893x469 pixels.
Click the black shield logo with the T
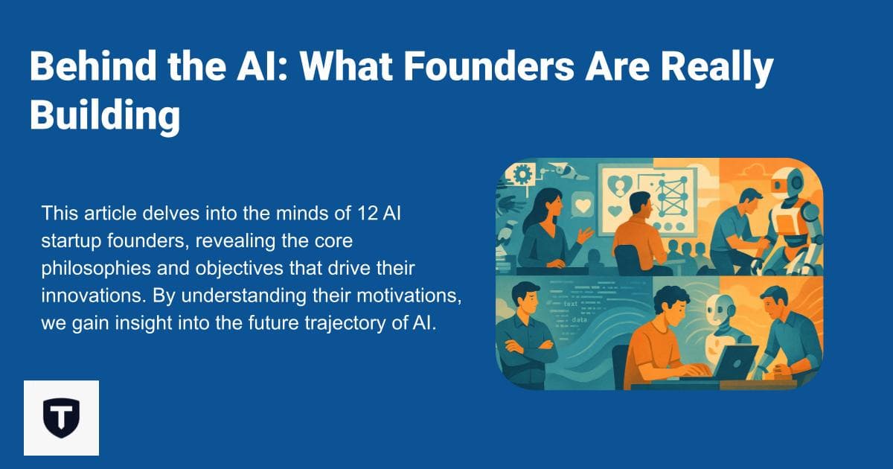[61, 418]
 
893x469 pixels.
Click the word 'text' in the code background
[569, 305]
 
